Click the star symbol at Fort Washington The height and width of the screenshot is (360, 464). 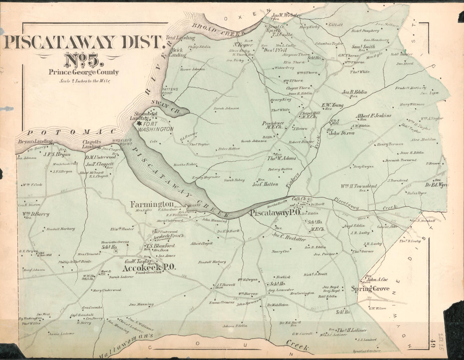coord(139,123)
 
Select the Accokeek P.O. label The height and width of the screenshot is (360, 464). coord(149,268)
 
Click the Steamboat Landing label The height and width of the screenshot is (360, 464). coord(140,116)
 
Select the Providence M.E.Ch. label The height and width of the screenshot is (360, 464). coord(272,125)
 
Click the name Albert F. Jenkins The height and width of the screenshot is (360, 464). coord(373,115)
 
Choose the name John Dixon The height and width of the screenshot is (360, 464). coord(341,133)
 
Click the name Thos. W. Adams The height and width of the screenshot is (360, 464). coord(281,158)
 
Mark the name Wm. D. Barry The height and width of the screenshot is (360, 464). coord(36,214)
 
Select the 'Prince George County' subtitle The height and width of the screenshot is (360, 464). coord(84,72)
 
